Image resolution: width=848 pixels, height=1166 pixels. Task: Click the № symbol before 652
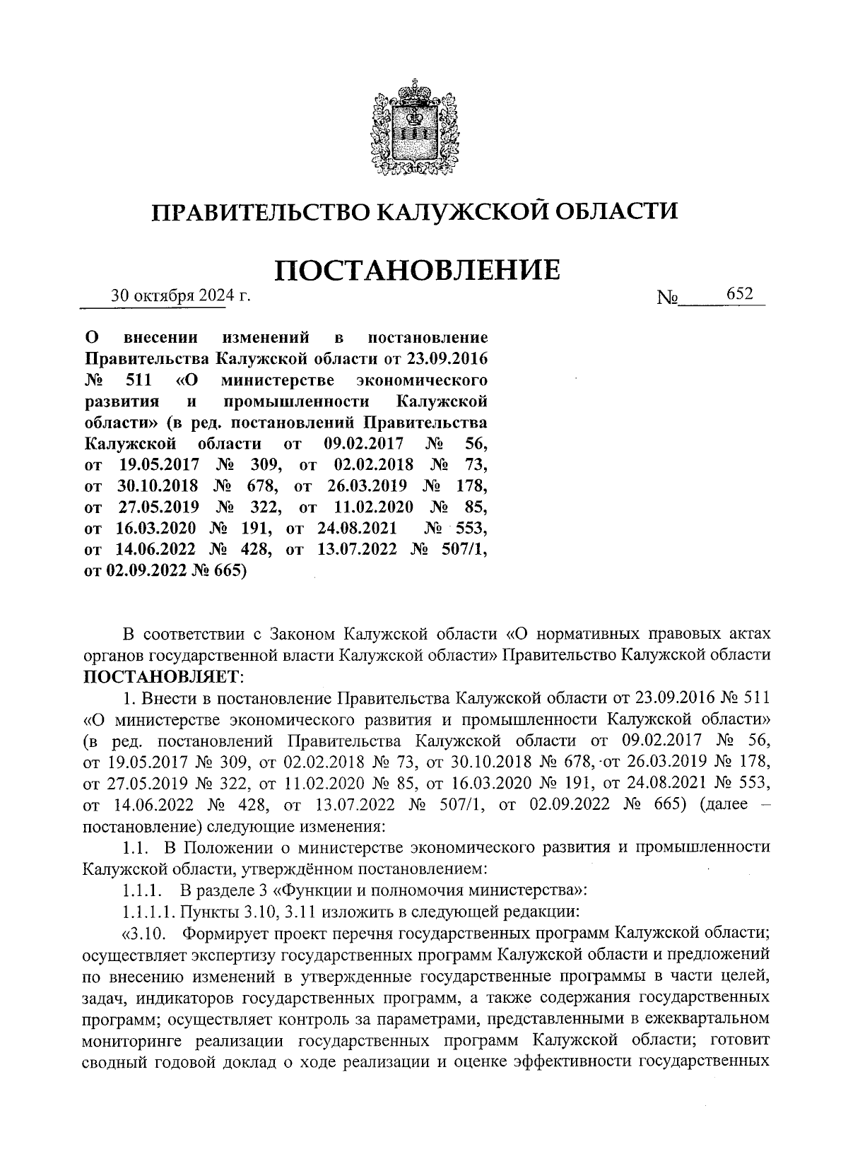(x=667, y=298)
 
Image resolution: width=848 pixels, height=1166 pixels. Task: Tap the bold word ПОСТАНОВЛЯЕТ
(x=161, y=676)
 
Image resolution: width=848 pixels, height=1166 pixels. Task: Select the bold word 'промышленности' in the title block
(x=297, y=401)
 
